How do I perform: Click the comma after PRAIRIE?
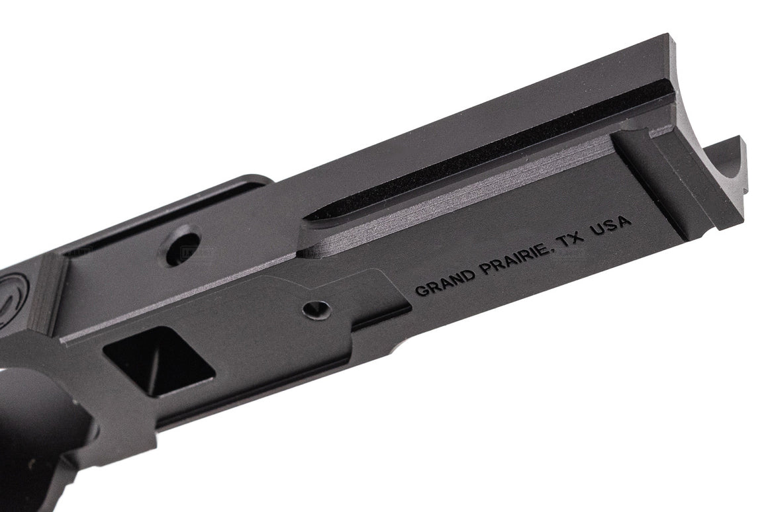tap(552, 251)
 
